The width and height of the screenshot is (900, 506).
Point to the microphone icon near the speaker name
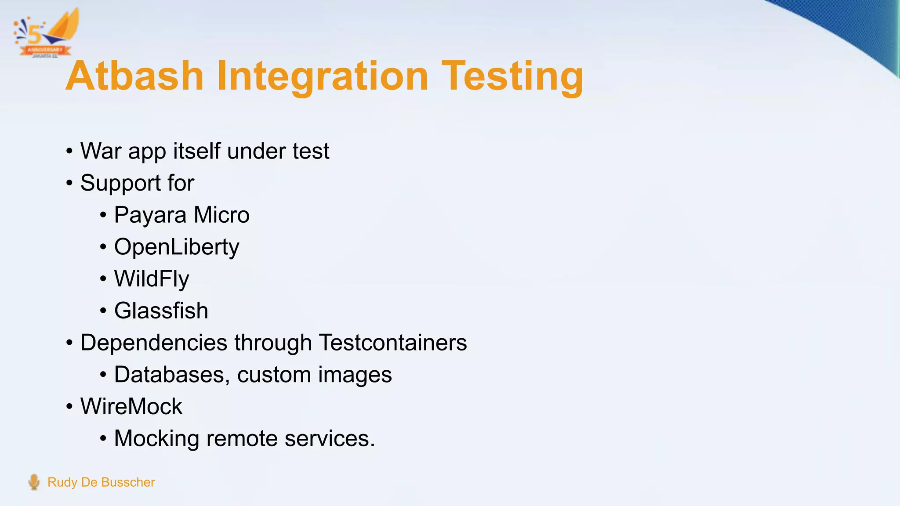pyautogui.click(x=34, y=482)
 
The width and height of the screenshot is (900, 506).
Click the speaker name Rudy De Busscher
pyautogui.click(x=101, y=482)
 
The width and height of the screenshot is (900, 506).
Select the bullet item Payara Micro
pyautogui.click(x=181, y=215)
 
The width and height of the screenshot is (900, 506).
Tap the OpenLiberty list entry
pyautogui.click(x=177, y=247)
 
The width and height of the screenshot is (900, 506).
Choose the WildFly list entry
pyautogui.click(x=152, y=279)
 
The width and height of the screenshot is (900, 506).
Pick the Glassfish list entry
pyautogui.click(x=161, y=311)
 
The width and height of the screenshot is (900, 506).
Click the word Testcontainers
pyautogui.click(x=392, y=343)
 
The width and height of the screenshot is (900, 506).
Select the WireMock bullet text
pyautogui.click(x=131, y=407)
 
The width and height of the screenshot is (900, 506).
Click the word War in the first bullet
pyautogui.click(x=101, y=152)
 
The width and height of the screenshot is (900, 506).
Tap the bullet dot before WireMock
pyautogui.click(x=69, y=407)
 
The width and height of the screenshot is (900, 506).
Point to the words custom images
pyautogui.click(x=314, y=375)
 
